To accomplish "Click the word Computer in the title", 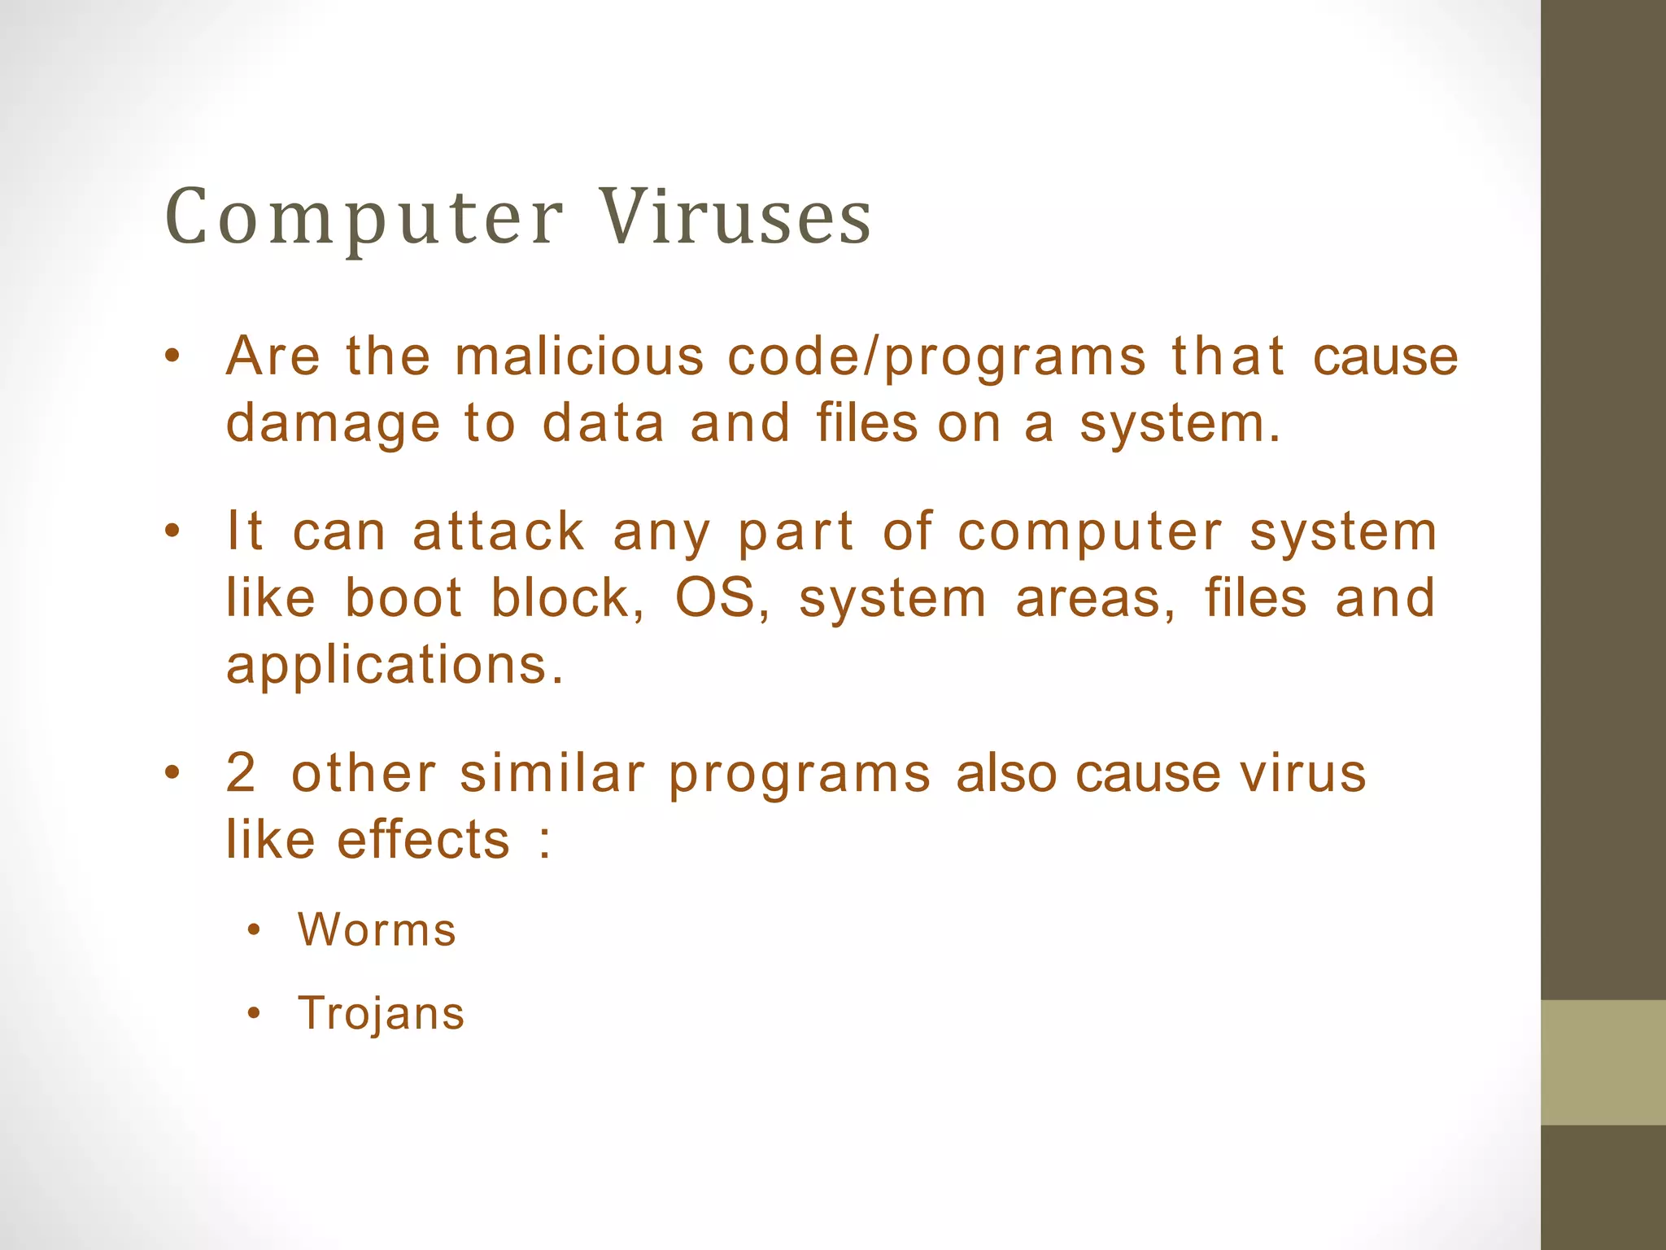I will [x=364, y=218].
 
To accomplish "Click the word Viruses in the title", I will [x=735, y=218].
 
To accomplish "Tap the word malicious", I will [x=578, y=357].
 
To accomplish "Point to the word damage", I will [x=333, y=426].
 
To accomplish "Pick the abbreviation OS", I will [x=715, y=599].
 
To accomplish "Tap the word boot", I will [x=403, y=599].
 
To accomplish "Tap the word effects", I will [x=423, y=840].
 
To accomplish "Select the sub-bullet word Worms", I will [x=377, y=930].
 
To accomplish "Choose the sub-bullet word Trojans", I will [x=381, y=1014].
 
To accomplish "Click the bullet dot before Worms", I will [x=255, y=930].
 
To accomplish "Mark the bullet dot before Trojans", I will [x=255, y=1014].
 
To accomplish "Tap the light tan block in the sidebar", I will [x=1603, y=1062].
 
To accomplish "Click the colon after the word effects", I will [x=544, y=841].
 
